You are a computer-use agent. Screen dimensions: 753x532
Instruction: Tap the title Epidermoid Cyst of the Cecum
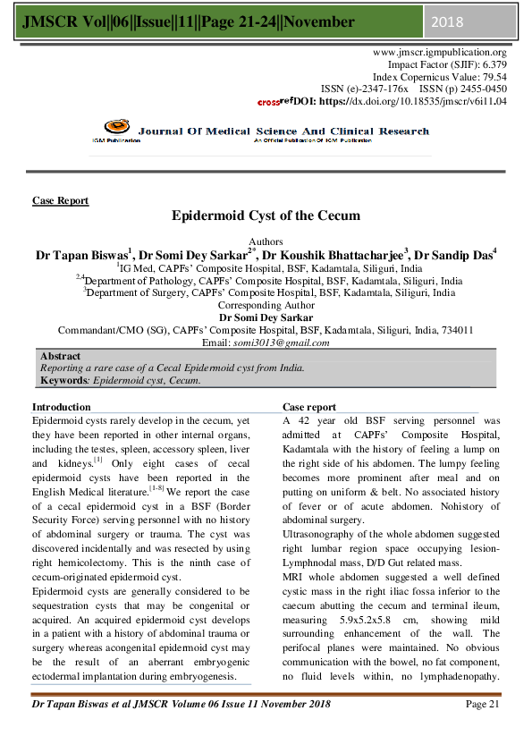pos(266,216)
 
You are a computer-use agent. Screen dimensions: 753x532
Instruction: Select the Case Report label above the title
pos(60,200)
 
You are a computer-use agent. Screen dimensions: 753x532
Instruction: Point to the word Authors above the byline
pos(266,241)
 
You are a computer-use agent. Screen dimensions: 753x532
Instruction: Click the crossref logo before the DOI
pos(274,103)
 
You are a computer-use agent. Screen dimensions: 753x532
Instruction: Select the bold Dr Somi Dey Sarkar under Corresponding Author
pos(266,317)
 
